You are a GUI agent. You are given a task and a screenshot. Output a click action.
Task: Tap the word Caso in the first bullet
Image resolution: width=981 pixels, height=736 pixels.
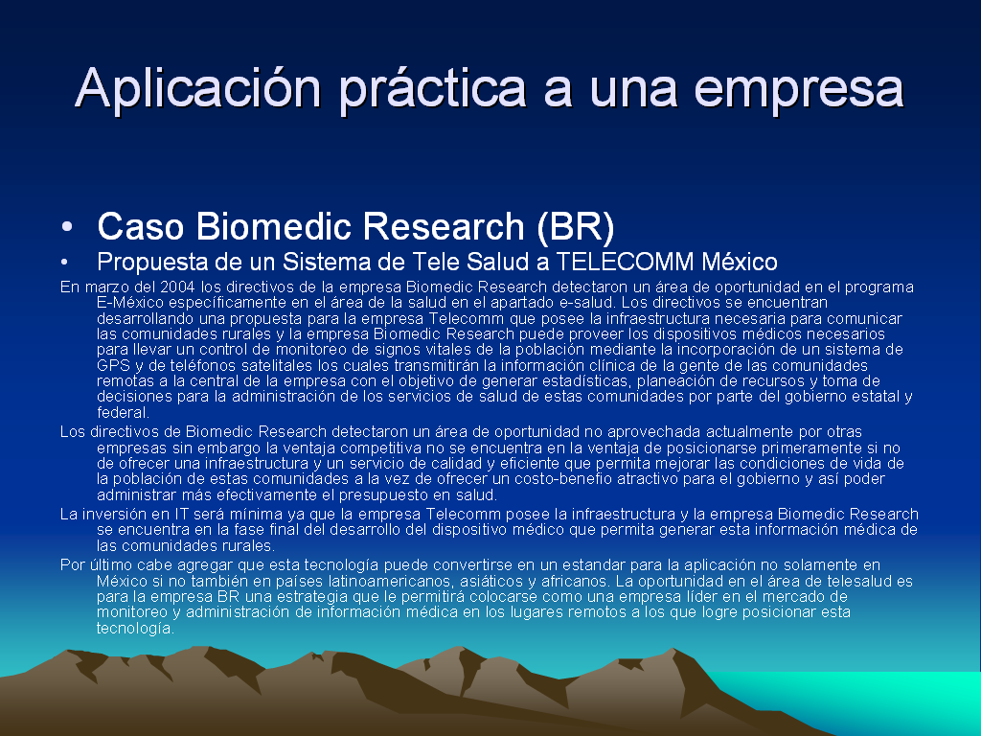point(141,226)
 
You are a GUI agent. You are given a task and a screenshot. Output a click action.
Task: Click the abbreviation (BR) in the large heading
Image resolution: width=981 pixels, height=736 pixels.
point(576,226)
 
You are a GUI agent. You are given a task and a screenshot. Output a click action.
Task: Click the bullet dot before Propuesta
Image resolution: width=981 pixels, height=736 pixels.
point(64,263)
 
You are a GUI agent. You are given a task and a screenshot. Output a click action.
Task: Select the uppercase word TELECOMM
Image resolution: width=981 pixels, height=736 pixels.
point(625,262)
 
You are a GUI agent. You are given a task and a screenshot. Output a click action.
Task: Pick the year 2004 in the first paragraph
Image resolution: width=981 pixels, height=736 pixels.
point(177,287)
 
